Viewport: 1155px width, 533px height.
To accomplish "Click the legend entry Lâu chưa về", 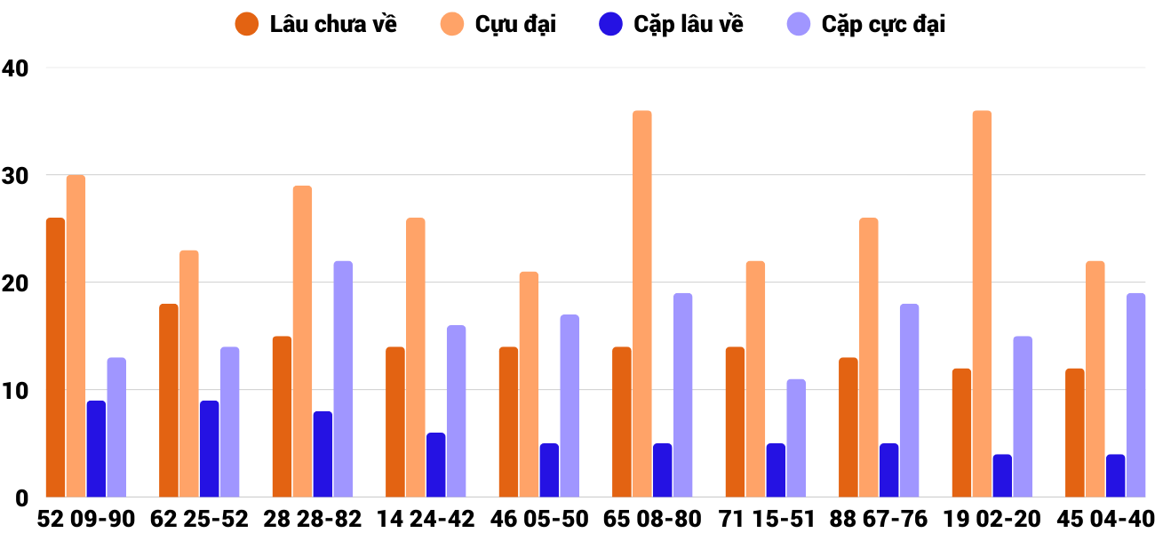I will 315,24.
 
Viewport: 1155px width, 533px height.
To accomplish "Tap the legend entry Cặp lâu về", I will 672,24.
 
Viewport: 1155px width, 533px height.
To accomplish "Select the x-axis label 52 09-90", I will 86,519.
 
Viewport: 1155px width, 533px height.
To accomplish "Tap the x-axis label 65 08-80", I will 652,519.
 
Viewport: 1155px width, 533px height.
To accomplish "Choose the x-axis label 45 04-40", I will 1105,519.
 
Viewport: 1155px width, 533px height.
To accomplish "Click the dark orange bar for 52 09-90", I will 56,357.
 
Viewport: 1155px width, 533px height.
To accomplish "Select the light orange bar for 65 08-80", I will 642,304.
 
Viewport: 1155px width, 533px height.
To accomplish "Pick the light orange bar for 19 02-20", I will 982,304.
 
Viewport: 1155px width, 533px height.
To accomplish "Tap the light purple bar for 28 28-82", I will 343,379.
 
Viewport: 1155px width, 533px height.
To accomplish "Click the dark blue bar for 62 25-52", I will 210,449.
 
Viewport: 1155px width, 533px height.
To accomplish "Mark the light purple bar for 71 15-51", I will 796,438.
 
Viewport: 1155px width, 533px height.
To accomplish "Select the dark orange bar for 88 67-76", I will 848,427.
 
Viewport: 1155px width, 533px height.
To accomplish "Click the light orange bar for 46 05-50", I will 529,385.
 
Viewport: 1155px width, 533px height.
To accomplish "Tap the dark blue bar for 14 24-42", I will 436,465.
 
